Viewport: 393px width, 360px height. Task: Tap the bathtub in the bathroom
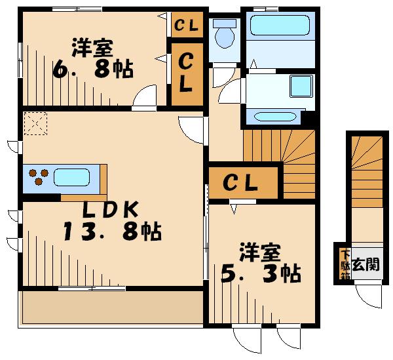(280, 25)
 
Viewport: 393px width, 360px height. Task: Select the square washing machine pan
(301, 86)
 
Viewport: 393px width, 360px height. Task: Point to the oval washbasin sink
(275, 117)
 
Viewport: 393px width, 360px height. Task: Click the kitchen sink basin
(71, 177)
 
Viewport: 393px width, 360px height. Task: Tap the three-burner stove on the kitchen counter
(39, 177)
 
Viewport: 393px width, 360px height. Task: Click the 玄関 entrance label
(365, 264)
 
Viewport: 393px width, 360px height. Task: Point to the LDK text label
(110, 209)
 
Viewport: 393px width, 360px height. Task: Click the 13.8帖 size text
(112, 232)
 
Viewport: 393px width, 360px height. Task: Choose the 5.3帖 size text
(261, 273)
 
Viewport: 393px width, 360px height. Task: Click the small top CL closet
(187, 24)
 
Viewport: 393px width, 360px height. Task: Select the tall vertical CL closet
(187, 74)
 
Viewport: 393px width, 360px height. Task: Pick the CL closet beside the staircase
(243, 183)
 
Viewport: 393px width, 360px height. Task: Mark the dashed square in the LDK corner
(35, 123)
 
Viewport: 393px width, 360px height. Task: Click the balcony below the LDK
(113, 308)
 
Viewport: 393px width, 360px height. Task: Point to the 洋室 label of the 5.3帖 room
(260, 252)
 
